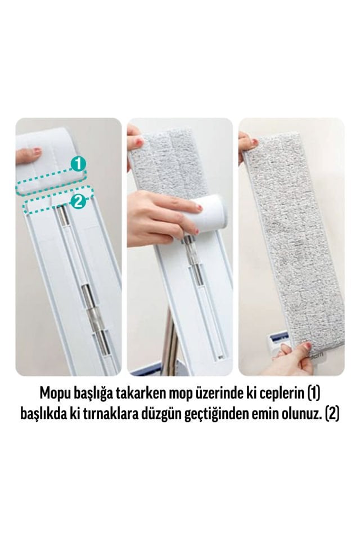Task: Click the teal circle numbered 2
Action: coord(79,201)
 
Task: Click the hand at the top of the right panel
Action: coord(247,141)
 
